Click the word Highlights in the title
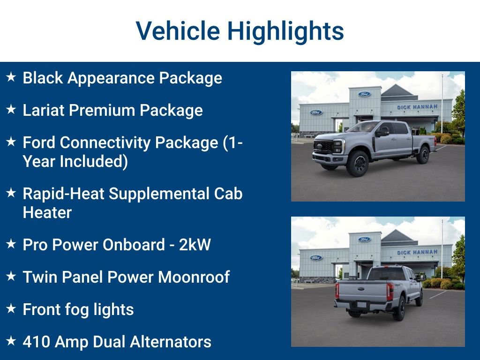pos(285,31)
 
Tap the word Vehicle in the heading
pos(178,31)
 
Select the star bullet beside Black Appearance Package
pos(11,77)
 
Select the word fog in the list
pos(79,309)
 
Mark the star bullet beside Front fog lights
pos(11,308)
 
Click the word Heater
pos(47,212)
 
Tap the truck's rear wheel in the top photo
pos(423,155)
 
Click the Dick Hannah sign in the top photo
pos(417,107)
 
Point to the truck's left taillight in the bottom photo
pos(337,291)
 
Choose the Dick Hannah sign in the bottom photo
pos(417,252)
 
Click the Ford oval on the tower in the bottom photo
pos(365,240)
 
